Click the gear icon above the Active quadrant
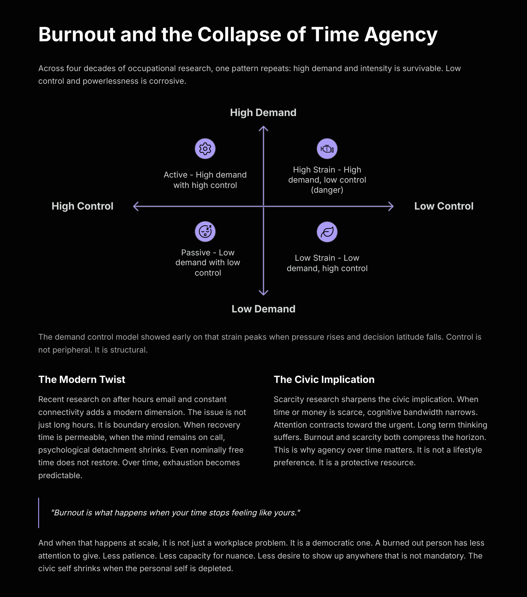pos(205,149)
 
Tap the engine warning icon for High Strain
pos(327,149)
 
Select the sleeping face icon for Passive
pos(205,231)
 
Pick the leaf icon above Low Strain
pos(327,232)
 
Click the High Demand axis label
pos(263,113)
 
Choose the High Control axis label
pos(82,206)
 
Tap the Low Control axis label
pos(444,206)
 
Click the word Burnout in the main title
pos(77,35)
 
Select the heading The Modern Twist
pos(82,379)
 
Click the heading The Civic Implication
pos(324,379)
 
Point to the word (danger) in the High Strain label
pos(327,190)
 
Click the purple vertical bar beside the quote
pos(39,513)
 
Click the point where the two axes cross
pos(264,206)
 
